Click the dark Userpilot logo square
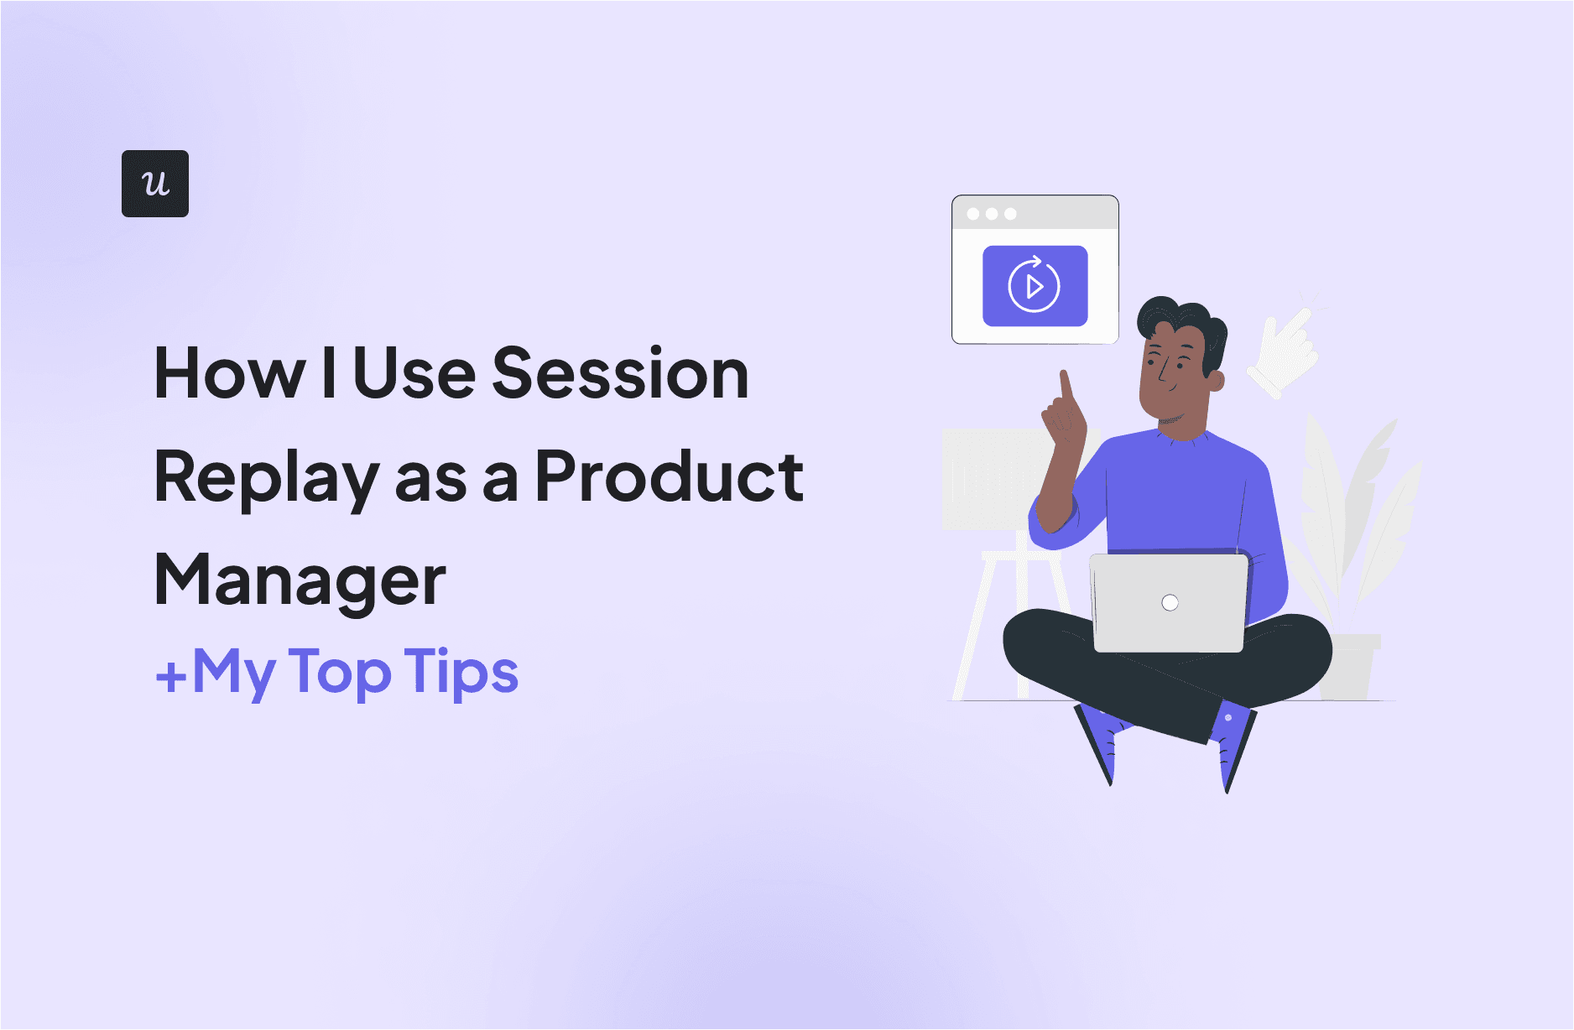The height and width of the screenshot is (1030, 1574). click(x=155, y=184)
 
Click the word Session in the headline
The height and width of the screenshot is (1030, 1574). click(x=619, y=374)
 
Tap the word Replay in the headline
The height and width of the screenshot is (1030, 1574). click(x=267, y=478)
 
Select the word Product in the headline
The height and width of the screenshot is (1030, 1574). click(x=669, y=476)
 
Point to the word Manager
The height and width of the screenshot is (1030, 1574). click(x=300, y=581)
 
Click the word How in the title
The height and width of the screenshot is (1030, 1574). click(x=230, y=374)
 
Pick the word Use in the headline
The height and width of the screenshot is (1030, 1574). click(x=414, y=374)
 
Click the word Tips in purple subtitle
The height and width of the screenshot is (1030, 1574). click(x=461, y=673)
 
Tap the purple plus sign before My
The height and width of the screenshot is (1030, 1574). click(x=171, y=676)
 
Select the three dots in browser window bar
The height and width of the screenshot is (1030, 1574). click(x=992, y=214)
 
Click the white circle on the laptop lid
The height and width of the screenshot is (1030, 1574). click(x=1170, y=602)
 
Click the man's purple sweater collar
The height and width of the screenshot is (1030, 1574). click(x=1183, y=436)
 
